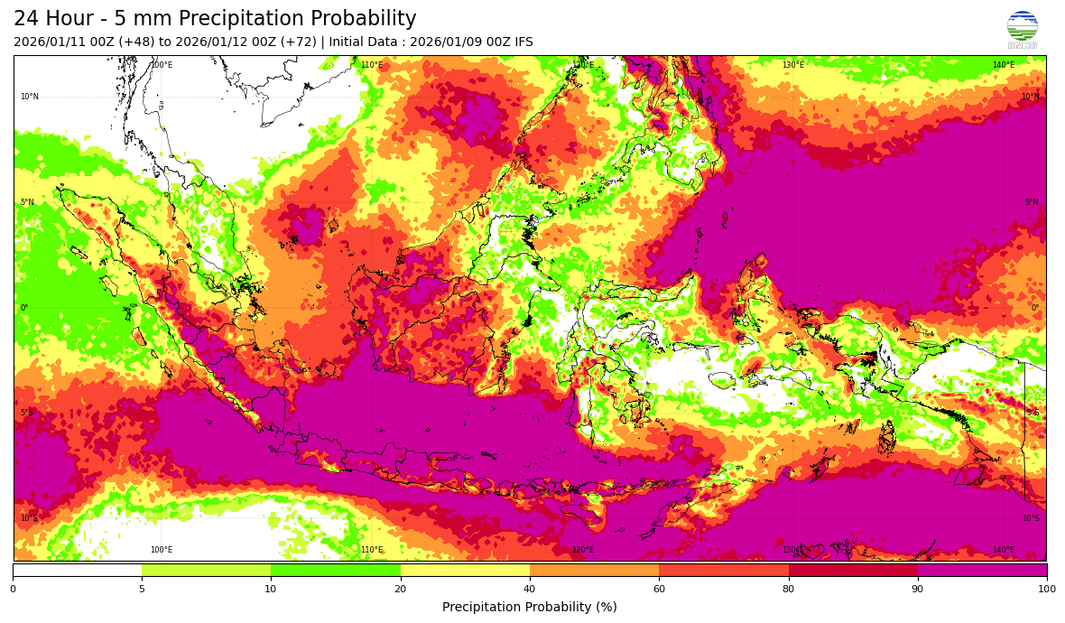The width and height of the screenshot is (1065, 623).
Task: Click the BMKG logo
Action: tap(1022, 29)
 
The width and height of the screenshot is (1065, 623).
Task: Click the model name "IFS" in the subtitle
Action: tap(523, 42)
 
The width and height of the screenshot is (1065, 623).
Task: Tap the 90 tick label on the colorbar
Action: tap(918, 590)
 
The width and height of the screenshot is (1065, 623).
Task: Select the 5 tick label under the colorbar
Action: tap(142, 590)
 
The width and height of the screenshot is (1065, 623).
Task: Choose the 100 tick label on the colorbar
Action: tap(1046, 590)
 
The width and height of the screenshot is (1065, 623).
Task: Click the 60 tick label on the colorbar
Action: tap(659, 590)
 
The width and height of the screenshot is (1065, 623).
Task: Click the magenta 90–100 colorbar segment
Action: tap(982, 570)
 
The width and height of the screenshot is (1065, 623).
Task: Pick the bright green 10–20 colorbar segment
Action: tap(336, 570)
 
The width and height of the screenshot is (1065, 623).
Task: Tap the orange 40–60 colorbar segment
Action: tap(594, 570)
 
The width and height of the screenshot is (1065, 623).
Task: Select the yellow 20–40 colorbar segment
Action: tap(465, 570)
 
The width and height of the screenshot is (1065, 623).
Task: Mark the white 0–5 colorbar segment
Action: tap(77, 570)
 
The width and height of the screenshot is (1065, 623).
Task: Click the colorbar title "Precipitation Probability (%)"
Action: tap(530, 607)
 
